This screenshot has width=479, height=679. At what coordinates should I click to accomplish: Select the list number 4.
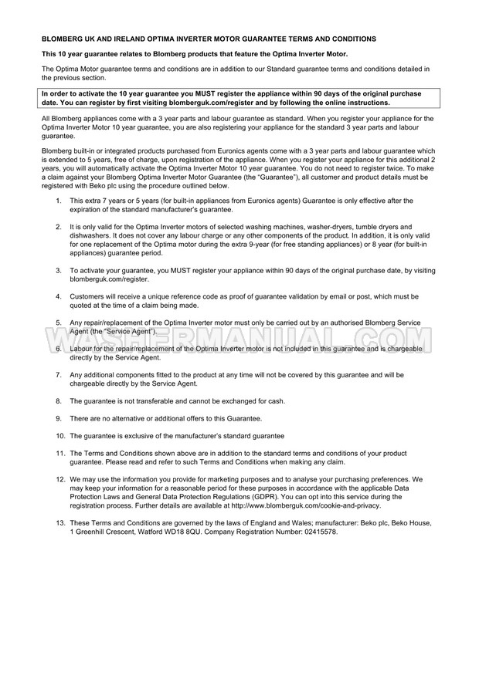pyautogui.click(x=59, y=296)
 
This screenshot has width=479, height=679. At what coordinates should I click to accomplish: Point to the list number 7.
pyautogui.click(x=59, y=374)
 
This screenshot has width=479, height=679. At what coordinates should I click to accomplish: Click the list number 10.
pyautogui.click(x=59, y=436)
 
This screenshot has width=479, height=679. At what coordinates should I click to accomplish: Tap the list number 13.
pyautogui.click(x=59, y=522)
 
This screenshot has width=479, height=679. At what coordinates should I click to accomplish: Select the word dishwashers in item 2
pyautogui.click(x=90, y=239)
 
